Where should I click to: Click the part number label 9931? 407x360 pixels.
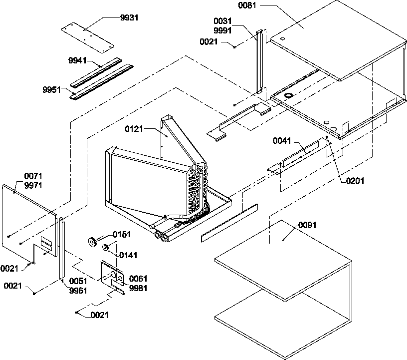point(130,17)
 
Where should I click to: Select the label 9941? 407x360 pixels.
point(77,60)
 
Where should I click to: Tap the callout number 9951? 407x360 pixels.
point(52,90)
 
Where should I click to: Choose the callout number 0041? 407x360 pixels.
point(282,141)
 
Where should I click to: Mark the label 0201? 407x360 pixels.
point(355,181)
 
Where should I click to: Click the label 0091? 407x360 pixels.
point(308,225)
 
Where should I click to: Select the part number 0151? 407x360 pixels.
point(121,234)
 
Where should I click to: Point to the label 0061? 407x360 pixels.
point(138,278)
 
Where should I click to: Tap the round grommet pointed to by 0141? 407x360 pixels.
point(106,248)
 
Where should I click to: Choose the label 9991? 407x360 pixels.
point(222,30)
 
